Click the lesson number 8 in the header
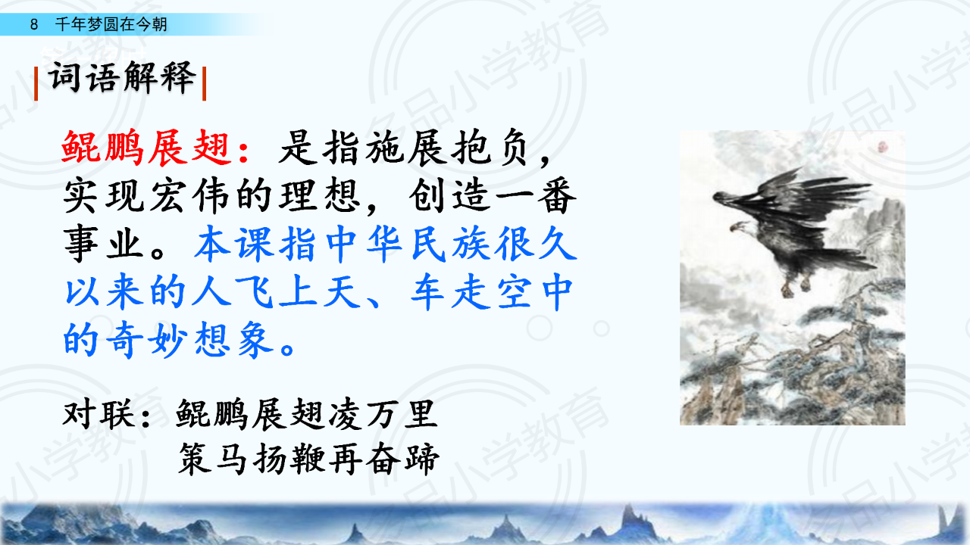[34, 24]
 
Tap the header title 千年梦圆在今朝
[111, 23]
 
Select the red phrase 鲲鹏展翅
[146, 148]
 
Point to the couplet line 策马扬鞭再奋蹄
[308, 459]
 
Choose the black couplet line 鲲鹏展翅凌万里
[306, 414]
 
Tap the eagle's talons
[796, 287]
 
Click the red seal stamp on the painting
[883, 148]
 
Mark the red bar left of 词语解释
[36, 83]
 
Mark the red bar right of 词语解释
[204, 83]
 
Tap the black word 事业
[104, 244]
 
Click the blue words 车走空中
[492, 291]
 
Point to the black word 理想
[320, 196]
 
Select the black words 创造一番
[492, 196]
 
